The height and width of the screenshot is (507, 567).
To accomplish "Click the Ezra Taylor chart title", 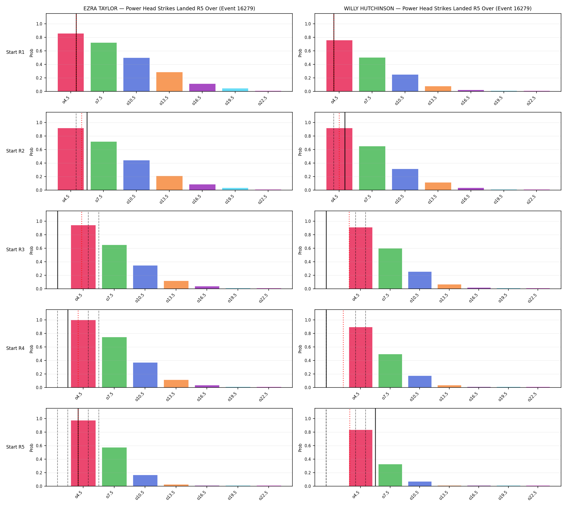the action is pos(169,9).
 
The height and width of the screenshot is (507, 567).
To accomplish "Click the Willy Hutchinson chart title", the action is pos(438,9).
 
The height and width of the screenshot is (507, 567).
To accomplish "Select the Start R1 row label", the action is pos(15,52).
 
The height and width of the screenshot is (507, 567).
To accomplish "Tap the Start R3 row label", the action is pos(15,250).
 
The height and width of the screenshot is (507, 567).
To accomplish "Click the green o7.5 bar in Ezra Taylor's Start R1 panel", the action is pos(103,67).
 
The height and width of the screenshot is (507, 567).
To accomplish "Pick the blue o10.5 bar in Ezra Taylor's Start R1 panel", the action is pos(136,75).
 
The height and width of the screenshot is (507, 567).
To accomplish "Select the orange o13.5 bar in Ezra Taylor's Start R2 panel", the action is pos(169,183).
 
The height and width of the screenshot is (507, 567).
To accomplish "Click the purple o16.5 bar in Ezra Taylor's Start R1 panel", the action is pos(202,87).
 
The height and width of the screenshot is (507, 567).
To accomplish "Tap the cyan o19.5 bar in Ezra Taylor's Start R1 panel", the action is pos(235,90).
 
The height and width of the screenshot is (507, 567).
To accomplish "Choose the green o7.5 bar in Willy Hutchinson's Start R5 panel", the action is pos(390,475).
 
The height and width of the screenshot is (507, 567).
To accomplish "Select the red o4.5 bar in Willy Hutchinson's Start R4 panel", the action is pos(360,357).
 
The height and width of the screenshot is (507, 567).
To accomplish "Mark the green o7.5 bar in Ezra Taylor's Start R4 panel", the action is pos(114,362).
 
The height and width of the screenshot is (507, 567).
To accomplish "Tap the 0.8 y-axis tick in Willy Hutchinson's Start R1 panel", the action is pos(308,37).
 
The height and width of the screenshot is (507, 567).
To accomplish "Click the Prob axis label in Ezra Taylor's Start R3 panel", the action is pos(31,250).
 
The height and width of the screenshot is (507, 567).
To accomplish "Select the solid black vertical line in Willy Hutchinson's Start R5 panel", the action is pos(375,448).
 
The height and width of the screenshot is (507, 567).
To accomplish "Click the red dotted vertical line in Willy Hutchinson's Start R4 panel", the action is pos(343,349).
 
